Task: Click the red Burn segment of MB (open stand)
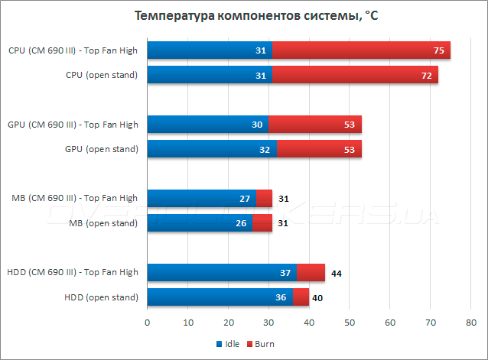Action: [x=262, y=223]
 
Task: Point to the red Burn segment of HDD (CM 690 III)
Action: [x=311, y=272]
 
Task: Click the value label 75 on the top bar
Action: [x=439, y=50]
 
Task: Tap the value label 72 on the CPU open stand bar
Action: [x=427, y=76]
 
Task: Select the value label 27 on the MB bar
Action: [x=245, y=199]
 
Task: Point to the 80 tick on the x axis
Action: [x=470, y=322]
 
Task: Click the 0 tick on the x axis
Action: [x=147, y=322]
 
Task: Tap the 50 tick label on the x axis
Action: [x=349, y=322]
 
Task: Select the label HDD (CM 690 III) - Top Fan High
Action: [x=72, y=272]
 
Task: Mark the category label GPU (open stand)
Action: [x=102, y=149]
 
